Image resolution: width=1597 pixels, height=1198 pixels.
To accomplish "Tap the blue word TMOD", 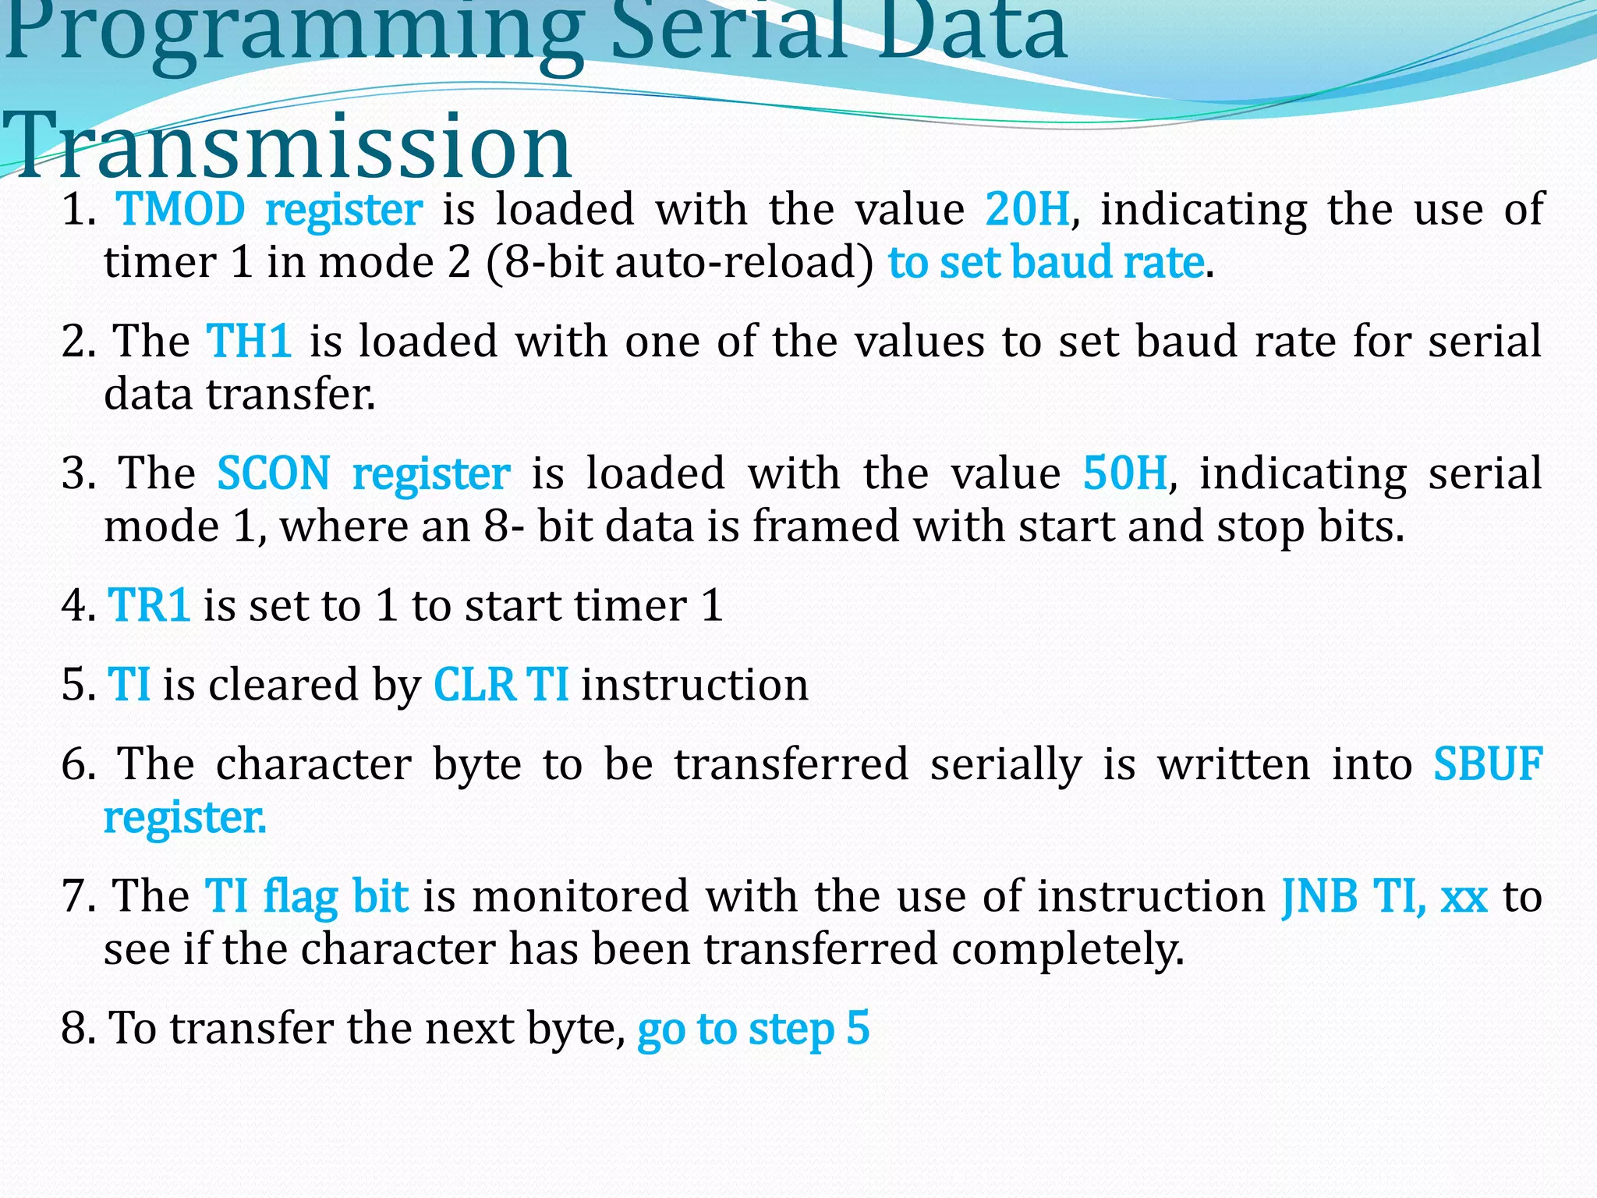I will [x=181, y=210].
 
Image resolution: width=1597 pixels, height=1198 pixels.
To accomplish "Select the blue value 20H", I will [x=1027, y=210].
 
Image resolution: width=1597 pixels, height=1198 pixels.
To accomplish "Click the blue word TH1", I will [x=250, y=342].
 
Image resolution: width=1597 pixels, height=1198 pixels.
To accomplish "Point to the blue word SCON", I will [x=274, y=473].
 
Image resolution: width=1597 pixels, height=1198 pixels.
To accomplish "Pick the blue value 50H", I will [x=1125, y=473].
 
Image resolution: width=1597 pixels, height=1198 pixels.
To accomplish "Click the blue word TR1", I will [x=149, y=605].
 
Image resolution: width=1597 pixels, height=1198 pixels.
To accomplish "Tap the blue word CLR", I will [x=474, y=685].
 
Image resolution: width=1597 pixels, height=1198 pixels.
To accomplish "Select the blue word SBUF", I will [x=1488, y=764].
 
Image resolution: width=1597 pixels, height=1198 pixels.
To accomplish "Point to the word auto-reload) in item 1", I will [x=745, y=262].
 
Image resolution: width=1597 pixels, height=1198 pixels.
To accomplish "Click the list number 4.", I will [x=76, y=605].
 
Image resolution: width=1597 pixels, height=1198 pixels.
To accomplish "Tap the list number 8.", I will [x=76, y=1028].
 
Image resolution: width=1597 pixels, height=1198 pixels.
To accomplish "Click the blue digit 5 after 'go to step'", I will [x=858, y=1028].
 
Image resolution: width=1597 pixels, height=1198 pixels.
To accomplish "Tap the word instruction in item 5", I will [x=694, y=685].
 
